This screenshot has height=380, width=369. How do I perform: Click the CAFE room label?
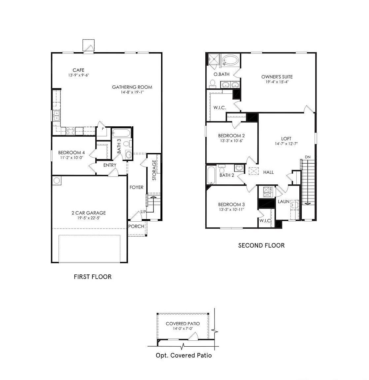79,70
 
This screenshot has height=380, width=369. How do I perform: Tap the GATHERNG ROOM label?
132,87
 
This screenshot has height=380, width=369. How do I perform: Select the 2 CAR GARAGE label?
89,213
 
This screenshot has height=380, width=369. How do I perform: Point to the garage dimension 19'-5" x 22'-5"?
89,218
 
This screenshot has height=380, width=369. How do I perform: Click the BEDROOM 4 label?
72,152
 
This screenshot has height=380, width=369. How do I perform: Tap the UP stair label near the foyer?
143,211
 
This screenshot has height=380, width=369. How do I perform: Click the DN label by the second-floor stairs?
308,157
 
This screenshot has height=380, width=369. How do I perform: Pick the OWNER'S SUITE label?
277,77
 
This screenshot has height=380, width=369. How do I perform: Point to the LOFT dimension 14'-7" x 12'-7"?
286,144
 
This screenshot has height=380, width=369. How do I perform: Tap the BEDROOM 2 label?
231,136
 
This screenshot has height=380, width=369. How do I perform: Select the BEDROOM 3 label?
231,204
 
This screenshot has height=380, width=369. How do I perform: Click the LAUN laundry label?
284,202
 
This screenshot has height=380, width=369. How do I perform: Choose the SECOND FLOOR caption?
261,245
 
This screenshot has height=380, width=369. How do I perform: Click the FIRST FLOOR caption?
93,277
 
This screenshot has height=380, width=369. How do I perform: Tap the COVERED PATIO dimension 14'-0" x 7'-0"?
183,329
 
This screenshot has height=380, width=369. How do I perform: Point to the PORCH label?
136,226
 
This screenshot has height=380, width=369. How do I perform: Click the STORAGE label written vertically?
154,170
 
